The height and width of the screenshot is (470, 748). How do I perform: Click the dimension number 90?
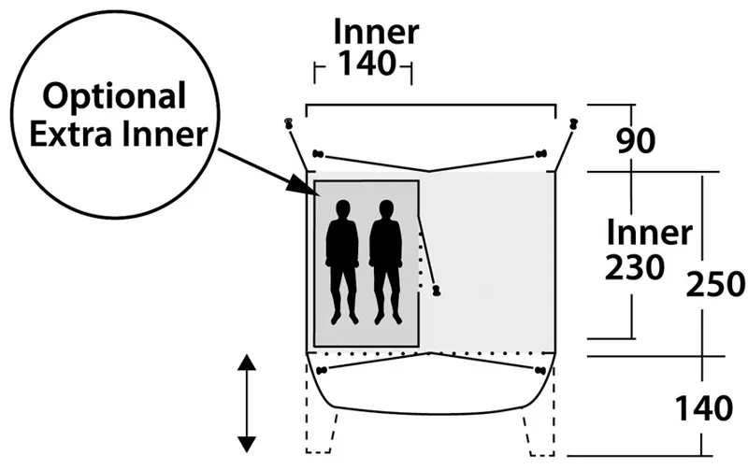click(637, 141)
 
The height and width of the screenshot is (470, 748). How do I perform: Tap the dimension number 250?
click(716, 283)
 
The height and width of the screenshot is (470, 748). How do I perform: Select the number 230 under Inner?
click(635, 267)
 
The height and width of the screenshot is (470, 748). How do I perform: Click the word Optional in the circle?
click(117, 96)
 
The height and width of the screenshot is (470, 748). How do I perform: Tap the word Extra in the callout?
click(72, 135)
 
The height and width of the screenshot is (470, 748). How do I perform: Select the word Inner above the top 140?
click(376, 32)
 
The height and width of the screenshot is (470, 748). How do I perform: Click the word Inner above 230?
click(649, 232)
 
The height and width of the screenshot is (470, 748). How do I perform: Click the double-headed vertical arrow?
click(247, 405)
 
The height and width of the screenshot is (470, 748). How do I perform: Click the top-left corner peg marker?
click(289, 123)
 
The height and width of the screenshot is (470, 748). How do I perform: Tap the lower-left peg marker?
click(323, 371)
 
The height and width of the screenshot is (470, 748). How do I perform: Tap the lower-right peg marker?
click(540, 371)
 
